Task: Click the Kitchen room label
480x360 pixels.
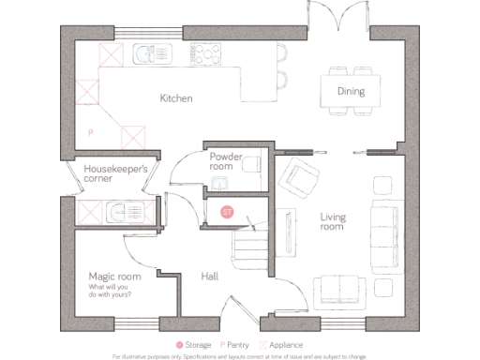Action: click(x=175, y=97)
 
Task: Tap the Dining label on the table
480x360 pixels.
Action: click(x=351, y=92)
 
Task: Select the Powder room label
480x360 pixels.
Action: click(x=226, y=160)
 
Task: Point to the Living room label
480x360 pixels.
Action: click(x=333, y=222)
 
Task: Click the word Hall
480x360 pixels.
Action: click(x=210, y=277)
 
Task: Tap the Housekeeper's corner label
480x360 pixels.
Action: click(x=116, y=174)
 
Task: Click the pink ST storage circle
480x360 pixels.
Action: click(x=226, y=212)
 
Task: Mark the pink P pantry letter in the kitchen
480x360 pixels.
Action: click(x=90, y=133)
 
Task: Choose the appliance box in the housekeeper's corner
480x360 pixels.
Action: click(x=91, y=213)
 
